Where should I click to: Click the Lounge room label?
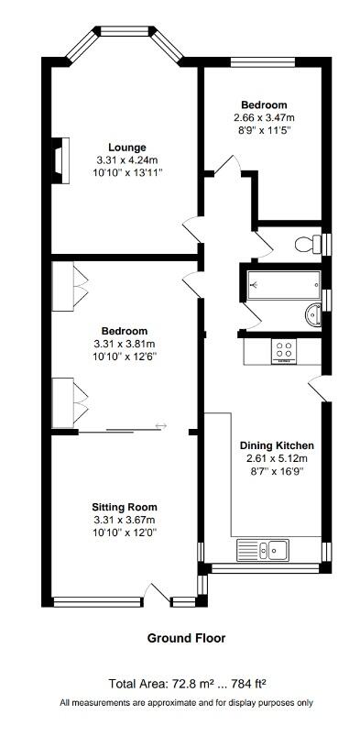click(126, 148)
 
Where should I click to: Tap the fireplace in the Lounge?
click(61, 157)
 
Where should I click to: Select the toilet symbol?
click(310, 243)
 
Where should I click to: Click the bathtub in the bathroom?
click(281, 285)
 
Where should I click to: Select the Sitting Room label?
click(124, 507)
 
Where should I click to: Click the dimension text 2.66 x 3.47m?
click(264, 117)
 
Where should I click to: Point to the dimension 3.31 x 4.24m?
click(126, 159)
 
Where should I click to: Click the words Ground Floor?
click(186, 638)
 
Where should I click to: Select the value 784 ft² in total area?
click(245, 684)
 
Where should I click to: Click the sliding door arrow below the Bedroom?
click(162, 425)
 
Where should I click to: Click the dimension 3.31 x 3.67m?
click(124, 520)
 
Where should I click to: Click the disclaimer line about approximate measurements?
click(186, 703)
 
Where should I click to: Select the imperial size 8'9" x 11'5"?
click(264, 130)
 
